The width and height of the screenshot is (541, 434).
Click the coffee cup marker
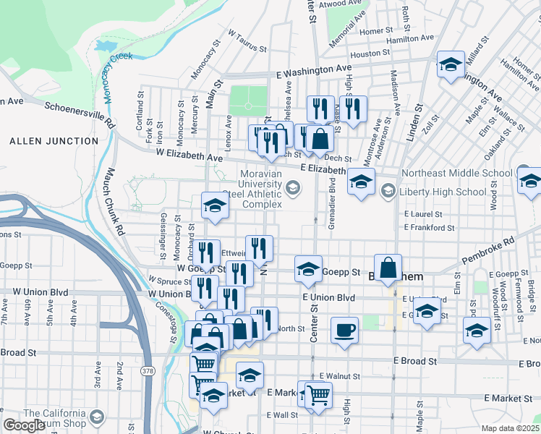pyautogui.click(x=344, y=331)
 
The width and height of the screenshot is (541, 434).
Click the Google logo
pyautogui.click(x=23, y=425)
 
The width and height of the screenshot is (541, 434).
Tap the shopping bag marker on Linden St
pyautogui.click(x=388, y=268)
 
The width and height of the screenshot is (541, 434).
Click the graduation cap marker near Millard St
pyautogui.click(x=451, y=65)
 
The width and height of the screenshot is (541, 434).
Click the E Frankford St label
pyautogui.click(x=429, y=227)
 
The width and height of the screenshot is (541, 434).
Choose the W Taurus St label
pyautogui.click(x=248, y=41)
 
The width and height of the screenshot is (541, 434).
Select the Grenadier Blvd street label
pyautogui.click(x=332, y=205)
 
